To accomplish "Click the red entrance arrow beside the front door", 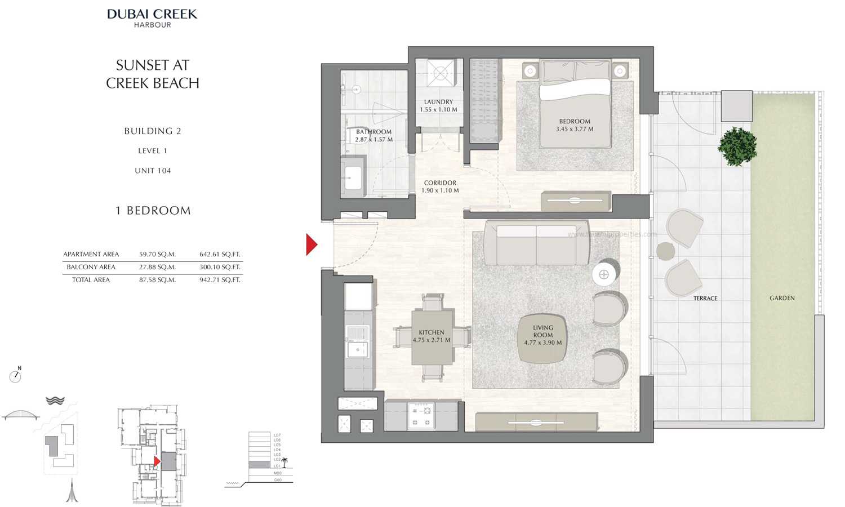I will click(311, 244).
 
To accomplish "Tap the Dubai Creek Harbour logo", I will click(152, 17).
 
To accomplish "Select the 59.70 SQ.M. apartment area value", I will click(157, 254).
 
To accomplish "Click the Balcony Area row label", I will click(91, 267).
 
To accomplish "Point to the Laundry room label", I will click(438, 102).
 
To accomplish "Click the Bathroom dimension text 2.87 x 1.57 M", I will click(373, 140).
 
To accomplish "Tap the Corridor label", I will click(440, 183).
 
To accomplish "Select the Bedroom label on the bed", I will click(575, 121).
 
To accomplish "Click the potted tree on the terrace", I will click(737, 146).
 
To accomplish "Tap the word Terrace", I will click(705, 299).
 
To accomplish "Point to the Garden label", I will click(782, 298).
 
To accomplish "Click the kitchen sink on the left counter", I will click(357, 349).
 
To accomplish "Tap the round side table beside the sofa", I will click(604, 274).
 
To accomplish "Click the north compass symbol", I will click(16, 376).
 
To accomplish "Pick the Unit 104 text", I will click(153, 171).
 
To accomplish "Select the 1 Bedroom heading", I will click(153, 211).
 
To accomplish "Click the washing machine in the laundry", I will click(438, 73).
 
